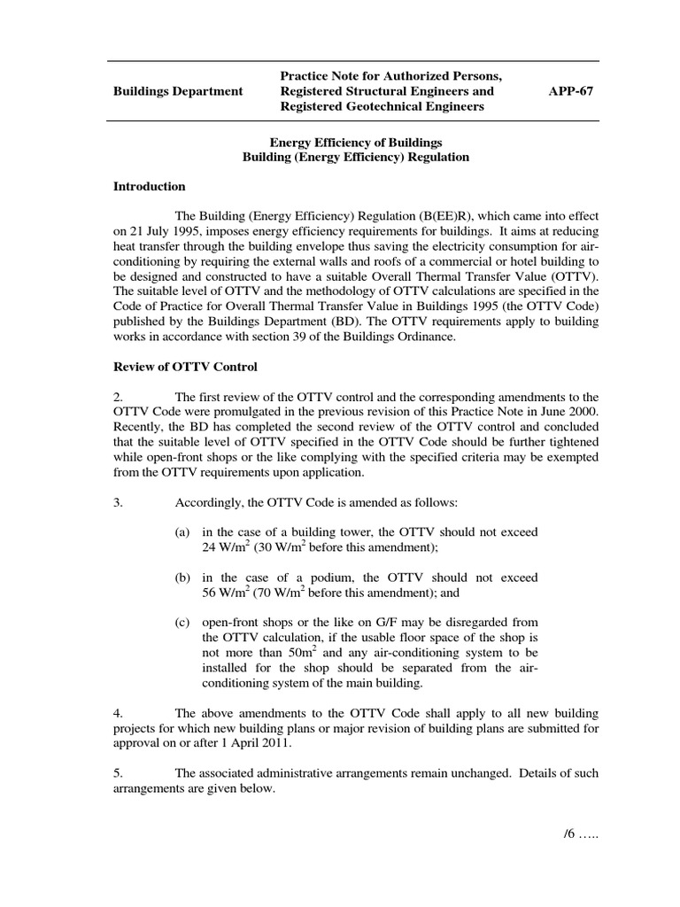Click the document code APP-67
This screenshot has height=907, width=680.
point(571,91)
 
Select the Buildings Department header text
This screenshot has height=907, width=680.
point(178,91)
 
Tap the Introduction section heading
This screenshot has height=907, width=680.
point(150,187)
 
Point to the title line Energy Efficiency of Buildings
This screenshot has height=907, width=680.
point(356,142)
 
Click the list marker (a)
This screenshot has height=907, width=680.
point(182,531)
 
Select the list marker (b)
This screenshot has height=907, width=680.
point(182,578)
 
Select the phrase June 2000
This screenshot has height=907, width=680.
point(567,412)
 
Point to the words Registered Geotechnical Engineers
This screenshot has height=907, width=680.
point(382,106)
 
